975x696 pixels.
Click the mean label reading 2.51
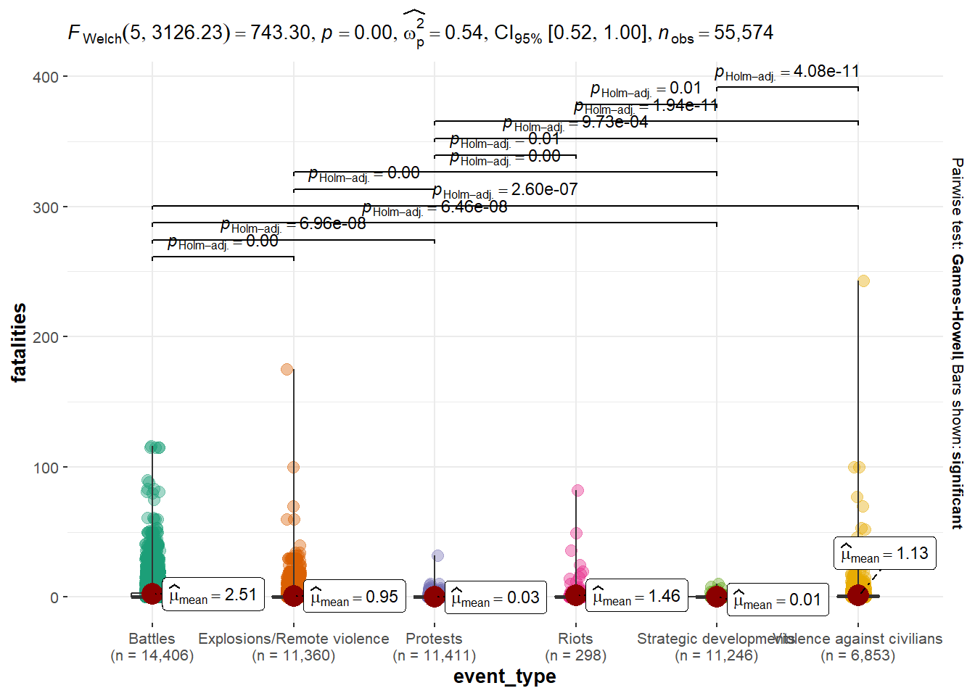(x=213, y=595)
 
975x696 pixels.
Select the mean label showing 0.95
(x=354, y=597)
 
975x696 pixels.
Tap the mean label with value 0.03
(x=495, y=597)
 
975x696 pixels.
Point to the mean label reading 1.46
(x=636, y=596)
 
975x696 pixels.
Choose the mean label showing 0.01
(x=777, y=600)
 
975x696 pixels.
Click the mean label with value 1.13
(x=884, y=554)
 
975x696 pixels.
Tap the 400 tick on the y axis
(x=46, y=77)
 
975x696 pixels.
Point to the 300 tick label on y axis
(x=46, y=207)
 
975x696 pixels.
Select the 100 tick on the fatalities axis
(x=46, y=468)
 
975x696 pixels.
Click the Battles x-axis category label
(x=152, y=639)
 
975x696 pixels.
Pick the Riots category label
(x=575, y=639)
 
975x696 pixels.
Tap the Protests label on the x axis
(x=434, y=639)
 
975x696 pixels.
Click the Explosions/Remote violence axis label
(x=293, y=639)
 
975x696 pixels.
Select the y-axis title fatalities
(x=19, y=342)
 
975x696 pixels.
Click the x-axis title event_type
(x=505, y=676)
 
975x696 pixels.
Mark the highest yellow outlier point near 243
(x=863, y=281)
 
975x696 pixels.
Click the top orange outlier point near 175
(x=287, y=369)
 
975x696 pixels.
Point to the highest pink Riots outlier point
(x=577, y=490)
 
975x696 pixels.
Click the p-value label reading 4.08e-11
(x=787, y=72)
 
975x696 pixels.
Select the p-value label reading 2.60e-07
(x=505, y=190)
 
